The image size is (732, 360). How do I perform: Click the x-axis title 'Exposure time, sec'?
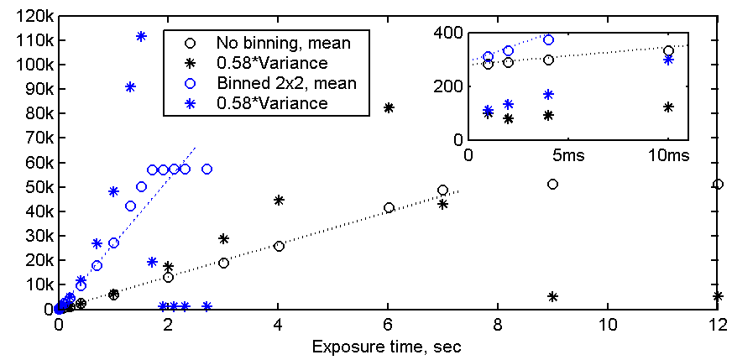coord(386,346)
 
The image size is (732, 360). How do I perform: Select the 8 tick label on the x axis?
coord(499,325)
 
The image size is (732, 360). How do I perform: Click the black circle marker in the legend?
coord(191,42)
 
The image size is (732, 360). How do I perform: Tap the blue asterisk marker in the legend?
coord(191,102)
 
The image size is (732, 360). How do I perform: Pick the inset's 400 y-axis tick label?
coord(450,33)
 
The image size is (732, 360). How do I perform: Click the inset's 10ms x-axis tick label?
coord(668,156)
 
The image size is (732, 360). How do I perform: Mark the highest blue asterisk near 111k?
coord(141,36)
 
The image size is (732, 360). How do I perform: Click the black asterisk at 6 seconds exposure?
coord(389,107)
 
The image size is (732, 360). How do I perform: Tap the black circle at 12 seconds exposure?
coord(718,184)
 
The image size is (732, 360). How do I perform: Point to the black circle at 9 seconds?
coord(552,184)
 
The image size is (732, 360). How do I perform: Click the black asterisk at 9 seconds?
coord(552,296)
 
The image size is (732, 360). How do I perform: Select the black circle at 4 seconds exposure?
coord(279,246)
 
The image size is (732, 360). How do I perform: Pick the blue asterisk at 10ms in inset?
coord(668,60)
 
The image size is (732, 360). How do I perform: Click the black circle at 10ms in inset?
coord(668,50)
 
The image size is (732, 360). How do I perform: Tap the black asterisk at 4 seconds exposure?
coord(279,200)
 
